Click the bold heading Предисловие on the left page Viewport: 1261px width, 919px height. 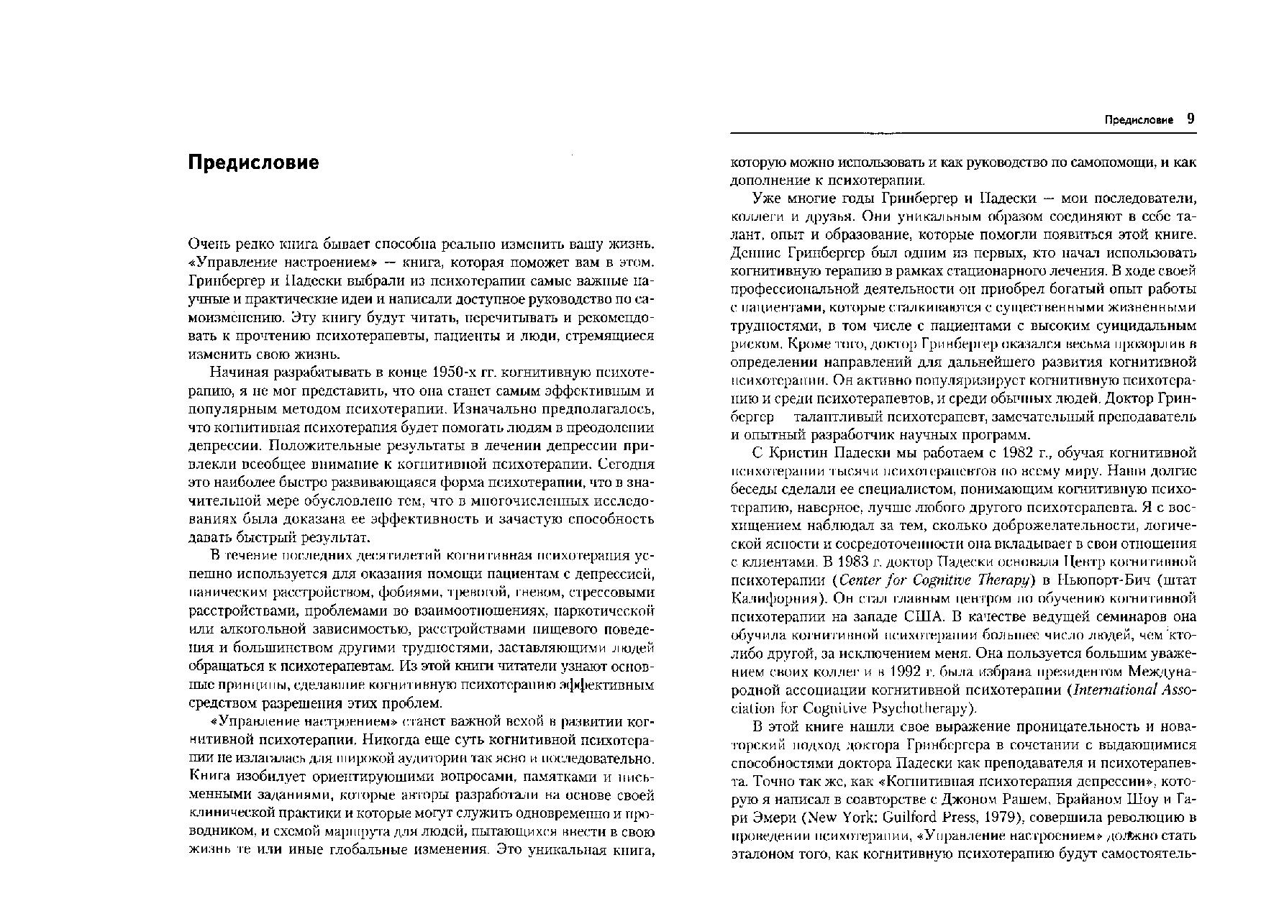coord(252,163)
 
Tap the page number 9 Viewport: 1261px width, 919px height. coord(1191,119)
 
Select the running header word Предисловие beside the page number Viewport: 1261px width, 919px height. coord(1139,120)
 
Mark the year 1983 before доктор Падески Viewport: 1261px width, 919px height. coord(837,561)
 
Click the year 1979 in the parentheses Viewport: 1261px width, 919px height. coord(993,818)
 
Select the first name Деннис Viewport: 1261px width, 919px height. coord(755,253)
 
